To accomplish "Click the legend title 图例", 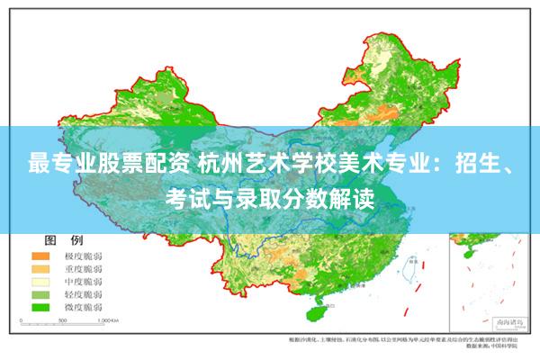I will tap(64, 240).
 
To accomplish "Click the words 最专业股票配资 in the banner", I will tap(85, 164).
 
